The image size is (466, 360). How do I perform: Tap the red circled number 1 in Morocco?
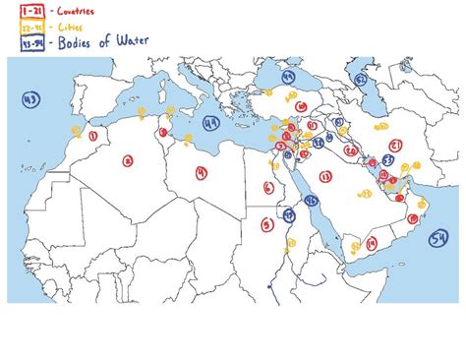[x=91, y=137]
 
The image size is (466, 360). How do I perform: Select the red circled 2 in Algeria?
[x=127, y=159]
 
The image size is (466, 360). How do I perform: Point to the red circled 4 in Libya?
[x=201, y=172]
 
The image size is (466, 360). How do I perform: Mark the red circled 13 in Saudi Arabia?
[x=325, y=177]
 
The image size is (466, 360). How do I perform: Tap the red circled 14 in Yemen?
[x=371, y=242]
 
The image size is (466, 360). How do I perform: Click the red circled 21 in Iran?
[x=391, y=146]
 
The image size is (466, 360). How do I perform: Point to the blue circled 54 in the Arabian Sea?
[x=438, y=236]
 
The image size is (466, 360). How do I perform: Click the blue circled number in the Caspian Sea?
[x=361, y=78]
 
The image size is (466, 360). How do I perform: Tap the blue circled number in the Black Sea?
[x=288, y=76]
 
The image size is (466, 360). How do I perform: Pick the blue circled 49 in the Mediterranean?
[x=210, y=124]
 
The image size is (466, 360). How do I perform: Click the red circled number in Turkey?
[x=296, y=102]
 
